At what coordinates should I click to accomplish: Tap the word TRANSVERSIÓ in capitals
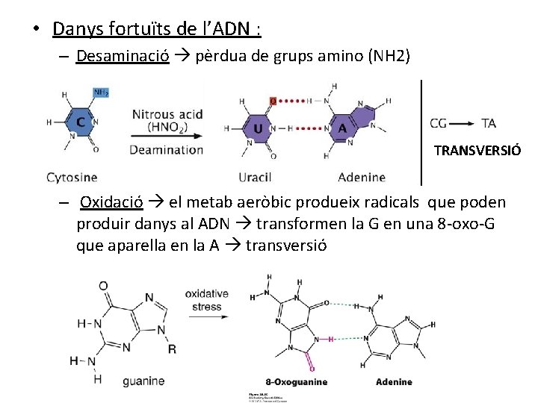(x=477, y=151)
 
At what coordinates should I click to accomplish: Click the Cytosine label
(x=72, y=177)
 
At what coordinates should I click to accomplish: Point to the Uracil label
(x=255, y=177)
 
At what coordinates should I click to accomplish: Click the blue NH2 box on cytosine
(x=102, y=93)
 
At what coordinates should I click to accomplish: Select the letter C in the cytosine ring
(x=78, y=122)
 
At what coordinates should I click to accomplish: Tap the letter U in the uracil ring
(x=258, y=128)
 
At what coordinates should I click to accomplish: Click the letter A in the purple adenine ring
(x=343, y=128)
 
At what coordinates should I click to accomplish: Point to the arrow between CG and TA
(x=460, y=123)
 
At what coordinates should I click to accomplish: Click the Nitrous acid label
(x=167, y=114)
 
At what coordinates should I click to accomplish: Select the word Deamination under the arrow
(x=166, y=149)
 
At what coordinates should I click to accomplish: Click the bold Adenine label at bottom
(x=394, y=382)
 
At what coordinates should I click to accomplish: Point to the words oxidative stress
(x=207, y=300)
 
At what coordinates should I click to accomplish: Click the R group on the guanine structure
(x=172, y=349)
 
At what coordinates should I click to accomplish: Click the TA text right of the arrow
(x=489, y=123)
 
